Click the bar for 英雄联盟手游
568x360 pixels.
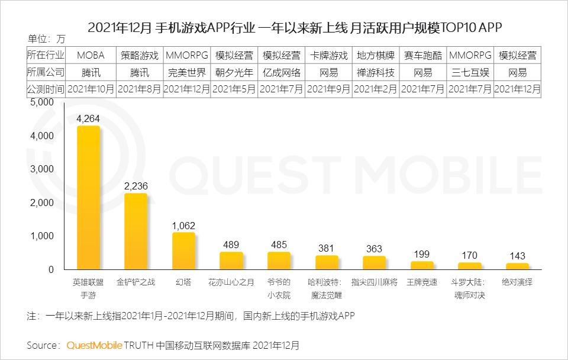(x=89, y=198)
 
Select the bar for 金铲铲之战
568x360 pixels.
(x=136, y=232)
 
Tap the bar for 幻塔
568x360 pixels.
(x=183, y=251)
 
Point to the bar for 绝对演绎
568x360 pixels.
(x=517, y=266)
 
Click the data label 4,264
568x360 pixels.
(x=89, y=118)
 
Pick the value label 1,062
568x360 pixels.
(x=183, y=226)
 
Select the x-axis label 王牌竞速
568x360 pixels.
(x=422, y=282)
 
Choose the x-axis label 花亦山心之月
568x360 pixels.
(x=231, y=282)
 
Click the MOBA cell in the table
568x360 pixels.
(x=91, y=56)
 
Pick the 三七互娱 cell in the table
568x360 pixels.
(x=470, y=73)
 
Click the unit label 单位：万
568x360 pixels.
(x=47, y=40)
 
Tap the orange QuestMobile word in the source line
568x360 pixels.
(x=95, y=345)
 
